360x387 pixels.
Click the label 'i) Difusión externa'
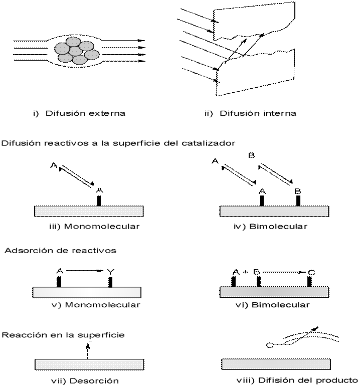pos(79,114)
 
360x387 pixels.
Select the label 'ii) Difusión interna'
pos(251,114)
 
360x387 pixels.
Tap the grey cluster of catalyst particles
pos(76,52)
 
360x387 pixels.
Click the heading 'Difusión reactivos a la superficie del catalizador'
pos(118,143)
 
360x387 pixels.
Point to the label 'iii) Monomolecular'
pos(94,227)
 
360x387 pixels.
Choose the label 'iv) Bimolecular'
pos(270,227)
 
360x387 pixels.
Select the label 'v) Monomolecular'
pos(95,305)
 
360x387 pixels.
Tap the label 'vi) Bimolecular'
pos(273,305)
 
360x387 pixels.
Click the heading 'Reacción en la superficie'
pos(63,334)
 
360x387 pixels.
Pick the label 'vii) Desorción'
pos(85,381)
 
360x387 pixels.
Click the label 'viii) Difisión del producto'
pos(297,380)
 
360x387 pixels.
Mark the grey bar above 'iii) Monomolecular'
pos(89,211)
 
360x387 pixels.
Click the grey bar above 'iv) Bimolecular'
pos(274,211)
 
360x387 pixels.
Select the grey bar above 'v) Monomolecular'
pos(87,292)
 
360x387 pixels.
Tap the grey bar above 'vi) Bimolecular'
pos(274,292)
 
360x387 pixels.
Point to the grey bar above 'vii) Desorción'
pos(89,364)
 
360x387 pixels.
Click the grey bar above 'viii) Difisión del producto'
pos(276,364)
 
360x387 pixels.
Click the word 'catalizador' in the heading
pos(212,143)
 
